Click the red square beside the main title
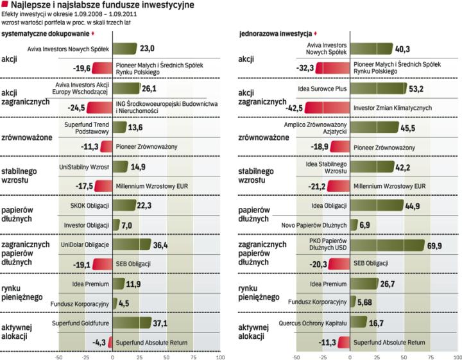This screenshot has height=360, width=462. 5,5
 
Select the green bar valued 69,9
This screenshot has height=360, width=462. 388,245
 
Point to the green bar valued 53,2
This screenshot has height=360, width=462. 378,88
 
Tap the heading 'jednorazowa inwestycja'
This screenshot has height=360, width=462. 275,33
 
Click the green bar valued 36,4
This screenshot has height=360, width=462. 132,245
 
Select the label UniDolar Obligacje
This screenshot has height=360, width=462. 85,245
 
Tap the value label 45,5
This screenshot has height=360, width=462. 409,128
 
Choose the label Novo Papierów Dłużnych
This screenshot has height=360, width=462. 314,225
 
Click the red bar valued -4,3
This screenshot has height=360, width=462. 110,342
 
